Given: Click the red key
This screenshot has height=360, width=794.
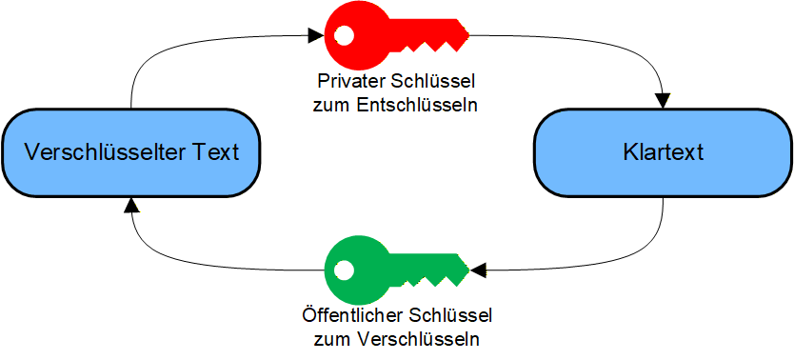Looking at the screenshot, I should pos(381,37).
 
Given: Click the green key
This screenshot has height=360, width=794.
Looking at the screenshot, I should pos(381,270).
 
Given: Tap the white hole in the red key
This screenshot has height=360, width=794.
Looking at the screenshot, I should pos(343,37).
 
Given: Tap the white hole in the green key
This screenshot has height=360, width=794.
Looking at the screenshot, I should pos(343,270).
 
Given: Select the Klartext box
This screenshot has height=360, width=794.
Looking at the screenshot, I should pos(663,152).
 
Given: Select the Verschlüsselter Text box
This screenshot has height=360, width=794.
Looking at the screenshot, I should pos(130,152).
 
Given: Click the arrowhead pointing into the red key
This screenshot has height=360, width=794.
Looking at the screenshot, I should pos(317,37).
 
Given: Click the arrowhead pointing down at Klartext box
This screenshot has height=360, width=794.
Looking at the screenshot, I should pos(663,100).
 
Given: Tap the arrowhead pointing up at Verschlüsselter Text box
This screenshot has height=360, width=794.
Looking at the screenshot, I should pos(131,205).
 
